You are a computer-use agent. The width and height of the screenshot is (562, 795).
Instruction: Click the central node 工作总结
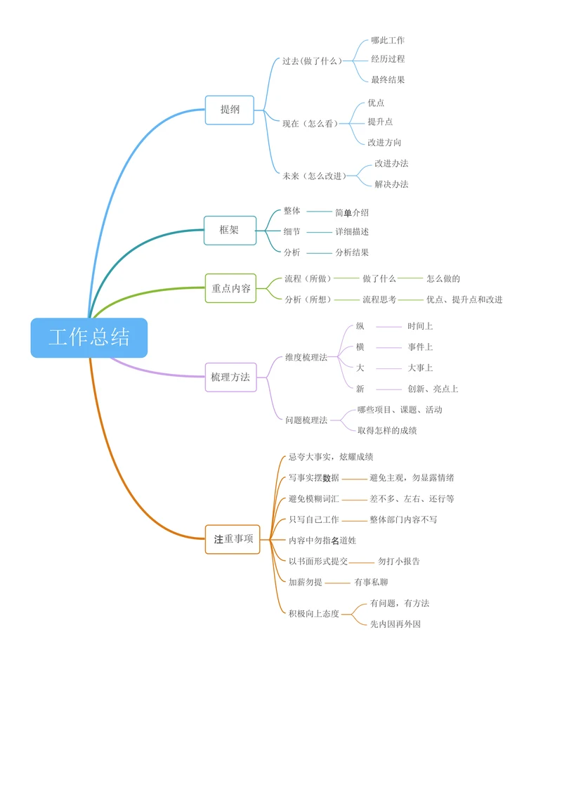click(89, 337)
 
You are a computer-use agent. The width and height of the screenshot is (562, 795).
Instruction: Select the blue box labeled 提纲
click(230, 110)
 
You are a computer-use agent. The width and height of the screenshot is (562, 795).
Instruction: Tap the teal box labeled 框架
click(230, 230)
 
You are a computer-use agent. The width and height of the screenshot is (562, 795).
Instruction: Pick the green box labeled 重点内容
click(231, 288)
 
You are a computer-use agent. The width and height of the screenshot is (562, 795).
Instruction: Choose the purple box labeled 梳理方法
click(230, 377)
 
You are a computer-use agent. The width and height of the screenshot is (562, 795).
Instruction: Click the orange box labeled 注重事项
click(233, 539)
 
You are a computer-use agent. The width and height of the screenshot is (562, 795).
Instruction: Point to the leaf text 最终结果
click(388, 80)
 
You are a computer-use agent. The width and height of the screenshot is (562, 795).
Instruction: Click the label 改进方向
click(384, 143)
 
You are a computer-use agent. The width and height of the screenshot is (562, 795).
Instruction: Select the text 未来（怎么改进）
click(315, 176)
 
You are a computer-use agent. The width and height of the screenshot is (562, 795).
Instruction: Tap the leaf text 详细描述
click(352, 231)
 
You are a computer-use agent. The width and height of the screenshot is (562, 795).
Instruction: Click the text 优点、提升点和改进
click(464, 299)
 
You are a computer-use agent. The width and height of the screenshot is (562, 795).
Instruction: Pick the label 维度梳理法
click(306, 358)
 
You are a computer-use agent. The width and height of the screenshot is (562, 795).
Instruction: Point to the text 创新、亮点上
click(433, 389)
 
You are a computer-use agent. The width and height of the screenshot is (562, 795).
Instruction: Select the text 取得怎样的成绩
click(387, 430)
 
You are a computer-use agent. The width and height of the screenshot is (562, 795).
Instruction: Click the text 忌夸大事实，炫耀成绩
click(331, 457)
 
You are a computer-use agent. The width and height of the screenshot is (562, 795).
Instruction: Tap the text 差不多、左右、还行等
click(412, 499)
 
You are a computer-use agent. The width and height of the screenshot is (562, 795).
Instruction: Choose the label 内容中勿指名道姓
click(322, 541)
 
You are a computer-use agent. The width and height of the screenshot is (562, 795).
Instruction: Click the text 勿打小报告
click(399, 562)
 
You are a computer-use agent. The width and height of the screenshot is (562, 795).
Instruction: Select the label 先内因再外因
click(396, 624)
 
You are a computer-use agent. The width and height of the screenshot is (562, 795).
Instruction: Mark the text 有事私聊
click(371, 582)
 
